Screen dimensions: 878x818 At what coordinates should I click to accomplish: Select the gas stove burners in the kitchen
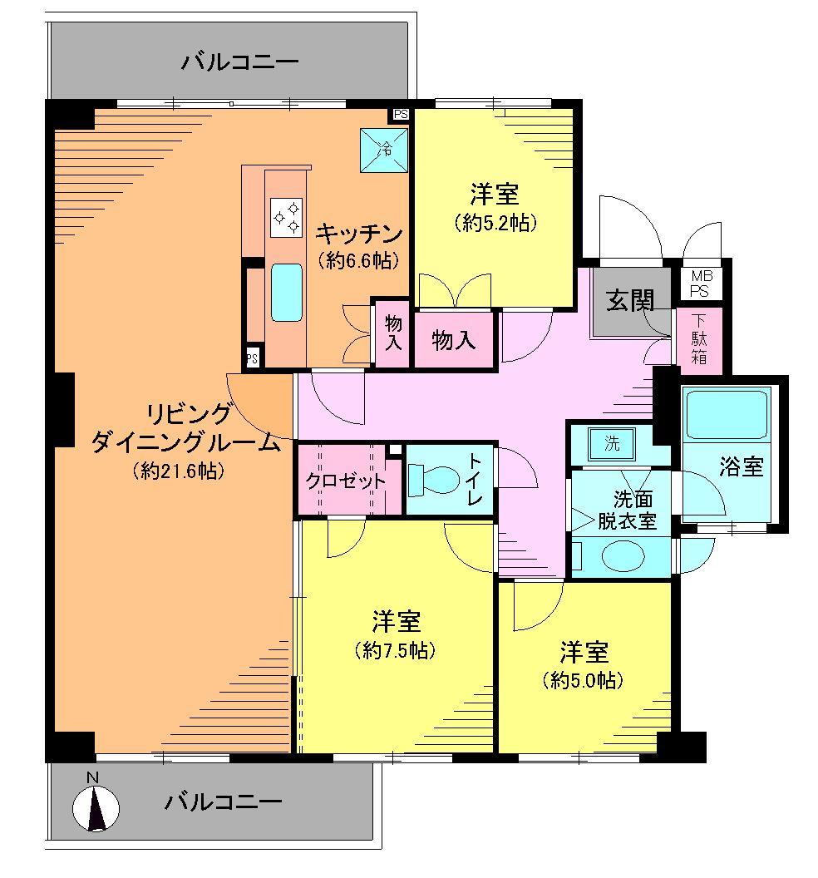click(x=286, y=217)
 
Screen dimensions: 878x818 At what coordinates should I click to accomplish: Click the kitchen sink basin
click(x=286, y=293)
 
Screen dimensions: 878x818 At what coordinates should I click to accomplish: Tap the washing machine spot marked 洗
click(x=612, y=443)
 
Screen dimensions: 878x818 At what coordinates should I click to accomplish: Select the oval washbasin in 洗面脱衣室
click(x=623, y=557)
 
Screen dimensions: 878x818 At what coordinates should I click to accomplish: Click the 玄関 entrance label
click(x=629, y=300)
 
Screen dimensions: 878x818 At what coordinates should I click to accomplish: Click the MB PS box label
click(x=701, y=283)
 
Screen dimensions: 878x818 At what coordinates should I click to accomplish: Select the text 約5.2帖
click(x=495, y=223)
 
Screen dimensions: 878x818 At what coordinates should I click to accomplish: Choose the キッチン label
click(x=358, y=232)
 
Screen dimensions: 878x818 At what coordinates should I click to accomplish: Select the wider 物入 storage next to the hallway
click(x=454, y=339)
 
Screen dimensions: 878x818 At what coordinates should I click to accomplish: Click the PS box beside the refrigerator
click(x=401, y=115)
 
